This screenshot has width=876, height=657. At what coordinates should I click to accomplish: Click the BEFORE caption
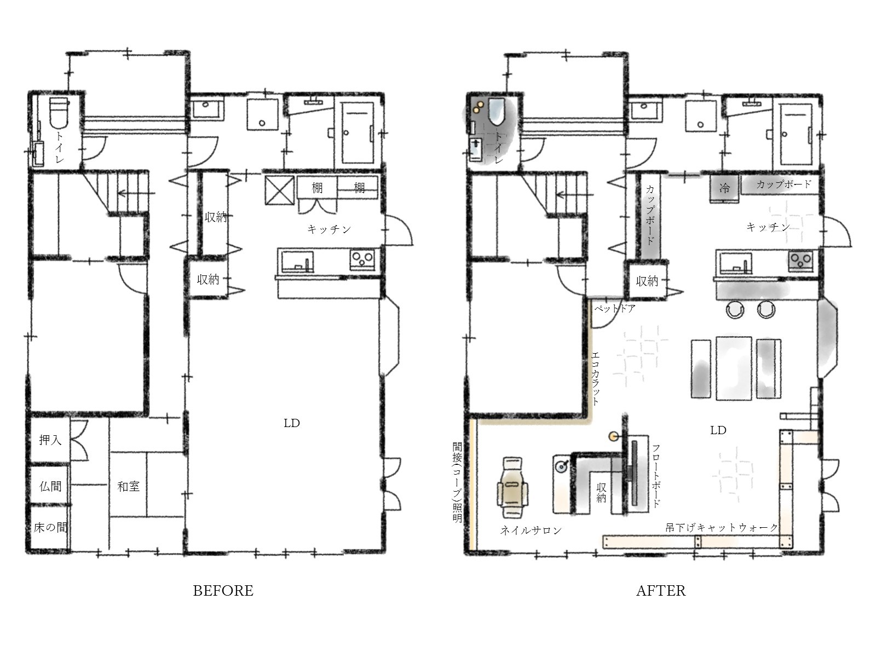pyautogui.click(x=223, y=591)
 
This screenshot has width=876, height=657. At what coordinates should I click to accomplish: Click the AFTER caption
pyautogui.click(x=661, y=591)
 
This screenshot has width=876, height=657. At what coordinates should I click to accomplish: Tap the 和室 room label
pyautogui.click(x=129, y=486)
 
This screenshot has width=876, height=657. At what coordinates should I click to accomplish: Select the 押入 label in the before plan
pyautogui.click(x=50, y=440)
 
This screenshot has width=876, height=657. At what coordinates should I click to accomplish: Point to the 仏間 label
pyautogui.click(x=50, y=486)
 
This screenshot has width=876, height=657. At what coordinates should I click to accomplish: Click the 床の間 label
pyautogui.click(x=50, y=527)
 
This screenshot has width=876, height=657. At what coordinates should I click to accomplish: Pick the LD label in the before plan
pyautogui.click(x=292, y=423)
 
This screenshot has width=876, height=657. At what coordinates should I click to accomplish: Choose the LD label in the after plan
pyautogui.click(x=718, y=430)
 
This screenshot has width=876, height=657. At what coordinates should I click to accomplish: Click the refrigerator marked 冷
pyautogui.click(x=724, y=189)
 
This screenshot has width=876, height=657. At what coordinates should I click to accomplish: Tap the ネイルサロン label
pyautogui.click(x=531, y=530)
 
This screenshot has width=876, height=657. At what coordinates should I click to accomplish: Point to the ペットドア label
pyautogui.click(x=615, y=308)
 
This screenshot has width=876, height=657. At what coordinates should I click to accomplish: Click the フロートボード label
pyautogui.click(x=656, y=476)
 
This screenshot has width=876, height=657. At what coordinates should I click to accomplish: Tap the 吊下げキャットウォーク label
pyautogui.click(x=722, y=528)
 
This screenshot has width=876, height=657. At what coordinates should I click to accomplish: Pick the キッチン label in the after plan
pyautogui.click(x=768, y=227)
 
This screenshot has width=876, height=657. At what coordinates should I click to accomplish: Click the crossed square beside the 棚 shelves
pyautogui.click(x=280, y=191)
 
